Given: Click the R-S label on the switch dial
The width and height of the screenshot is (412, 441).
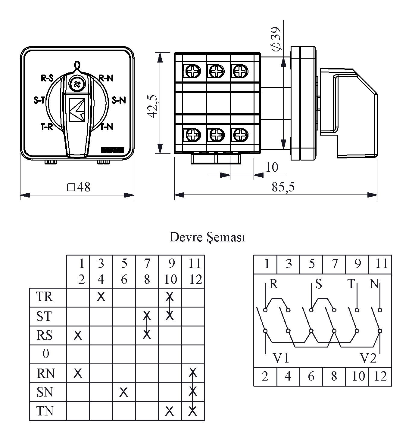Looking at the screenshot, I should [x=47, y=78].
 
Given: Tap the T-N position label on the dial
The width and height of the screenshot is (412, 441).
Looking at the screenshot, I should [x=107, y=127].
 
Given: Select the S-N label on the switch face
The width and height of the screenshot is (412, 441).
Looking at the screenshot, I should [x=119, y=100].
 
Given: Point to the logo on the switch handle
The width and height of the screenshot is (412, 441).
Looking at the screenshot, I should [x=77, y=110].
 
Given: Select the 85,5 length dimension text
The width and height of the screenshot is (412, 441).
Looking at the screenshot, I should [x=283, y=187].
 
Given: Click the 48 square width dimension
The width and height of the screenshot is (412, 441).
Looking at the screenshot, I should [x=79, y=187].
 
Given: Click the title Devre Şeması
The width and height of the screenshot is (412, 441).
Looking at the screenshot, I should [x=208, y=237].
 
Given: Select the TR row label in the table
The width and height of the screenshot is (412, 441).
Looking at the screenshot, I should [x=45, y=297].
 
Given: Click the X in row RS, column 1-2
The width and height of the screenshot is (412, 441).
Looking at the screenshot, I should [x=78, y=335].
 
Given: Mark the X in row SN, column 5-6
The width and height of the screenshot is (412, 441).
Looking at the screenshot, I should [x=124, y=392].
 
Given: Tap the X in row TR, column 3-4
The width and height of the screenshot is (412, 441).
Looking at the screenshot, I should [x=101, y=297].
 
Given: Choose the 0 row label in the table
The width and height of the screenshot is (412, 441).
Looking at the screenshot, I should [x=46, y=354].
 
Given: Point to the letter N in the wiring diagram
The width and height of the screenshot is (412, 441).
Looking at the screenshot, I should [x=374, y=284].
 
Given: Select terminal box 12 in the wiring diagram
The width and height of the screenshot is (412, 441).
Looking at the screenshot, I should [x=380, y=376].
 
